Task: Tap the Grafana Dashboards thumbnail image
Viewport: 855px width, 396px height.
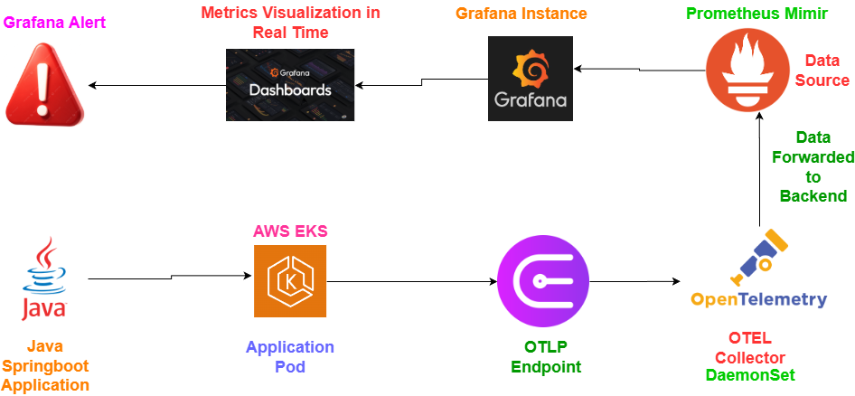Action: (290, 85)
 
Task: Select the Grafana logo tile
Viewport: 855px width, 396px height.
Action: (530, 78)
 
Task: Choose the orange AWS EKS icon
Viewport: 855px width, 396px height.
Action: (290, 281)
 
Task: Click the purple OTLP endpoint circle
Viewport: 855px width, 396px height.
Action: (543, 281)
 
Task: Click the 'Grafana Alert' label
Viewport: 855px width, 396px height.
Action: (54, 24)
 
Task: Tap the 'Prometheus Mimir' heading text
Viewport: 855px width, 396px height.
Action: (757, 14)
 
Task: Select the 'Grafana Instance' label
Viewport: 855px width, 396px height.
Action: (521, 14)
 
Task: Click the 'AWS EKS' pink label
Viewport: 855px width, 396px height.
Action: (290, 231)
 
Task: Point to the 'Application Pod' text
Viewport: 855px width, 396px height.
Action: (290, 357)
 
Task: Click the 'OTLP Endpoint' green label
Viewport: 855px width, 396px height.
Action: (547, 357)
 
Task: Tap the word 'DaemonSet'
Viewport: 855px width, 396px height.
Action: (750, 375)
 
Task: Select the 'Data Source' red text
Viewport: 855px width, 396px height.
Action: (822, 71)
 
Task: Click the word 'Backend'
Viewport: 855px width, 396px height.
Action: (813, 196)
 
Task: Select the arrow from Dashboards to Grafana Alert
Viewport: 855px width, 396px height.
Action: (157, 85)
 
